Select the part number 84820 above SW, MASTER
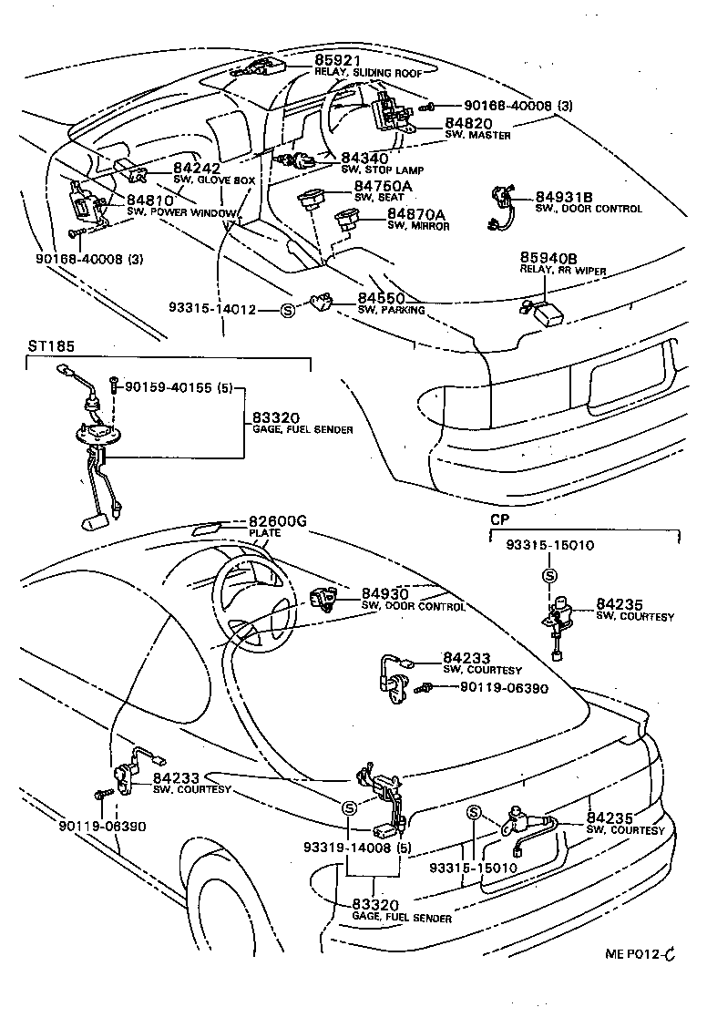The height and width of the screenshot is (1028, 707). [468, 123]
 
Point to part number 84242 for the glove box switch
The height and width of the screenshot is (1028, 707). [197, 169]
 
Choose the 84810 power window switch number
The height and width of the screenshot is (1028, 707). [149, 200]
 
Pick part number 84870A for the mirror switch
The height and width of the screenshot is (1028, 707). [416, 214]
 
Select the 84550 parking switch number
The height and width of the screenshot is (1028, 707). [381, 298]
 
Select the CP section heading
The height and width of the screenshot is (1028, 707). [499, 519]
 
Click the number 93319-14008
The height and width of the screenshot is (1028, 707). [347, 848]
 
